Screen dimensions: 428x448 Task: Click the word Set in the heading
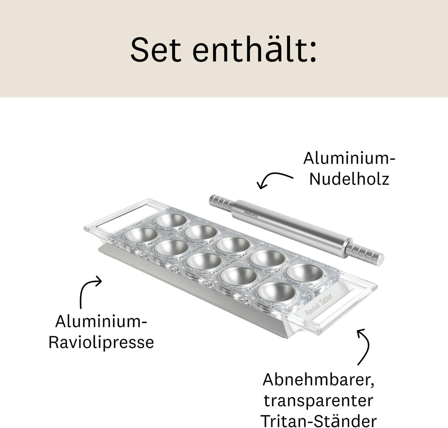pos(156,50)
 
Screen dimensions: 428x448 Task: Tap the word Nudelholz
pos(349,179)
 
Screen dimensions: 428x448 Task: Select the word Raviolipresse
pos(101,342)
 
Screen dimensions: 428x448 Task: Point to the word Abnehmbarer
pos(319,379)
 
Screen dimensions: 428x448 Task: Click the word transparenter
pos(319,401)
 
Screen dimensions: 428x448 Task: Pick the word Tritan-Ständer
pos(319,420)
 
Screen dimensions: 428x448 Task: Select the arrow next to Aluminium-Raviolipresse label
pos(89,290)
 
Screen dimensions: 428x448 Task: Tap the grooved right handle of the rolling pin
pos(365,253)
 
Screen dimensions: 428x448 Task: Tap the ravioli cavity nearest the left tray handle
pos(141,235)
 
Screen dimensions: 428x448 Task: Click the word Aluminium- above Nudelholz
pos(349,158)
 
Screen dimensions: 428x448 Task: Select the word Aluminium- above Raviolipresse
pos(101,321)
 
